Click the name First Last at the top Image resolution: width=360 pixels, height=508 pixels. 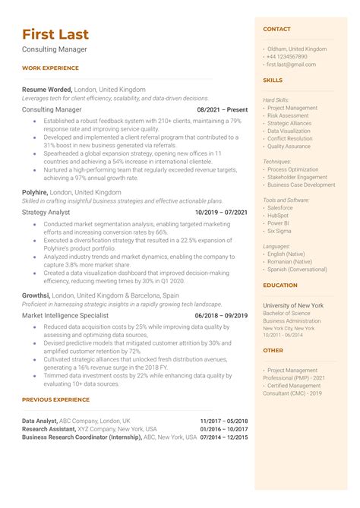coord(55,34)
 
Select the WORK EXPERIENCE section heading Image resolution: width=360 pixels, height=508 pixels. coord(50,68)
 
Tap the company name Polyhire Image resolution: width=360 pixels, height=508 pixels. coord(36,193)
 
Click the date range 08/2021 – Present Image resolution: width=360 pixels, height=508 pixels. coord(222,109)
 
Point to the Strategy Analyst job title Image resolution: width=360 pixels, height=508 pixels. coord(46,212)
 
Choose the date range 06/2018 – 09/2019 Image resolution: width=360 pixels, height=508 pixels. coord(222,314)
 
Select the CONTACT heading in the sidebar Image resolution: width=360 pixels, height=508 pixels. coord(276,29)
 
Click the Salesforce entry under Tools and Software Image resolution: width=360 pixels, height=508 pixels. coord(280,207)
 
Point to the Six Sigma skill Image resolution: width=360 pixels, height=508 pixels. coord(280,230)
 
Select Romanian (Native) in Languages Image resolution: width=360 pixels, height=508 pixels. coord(290,261)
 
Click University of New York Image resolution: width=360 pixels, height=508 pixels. coord(293,305)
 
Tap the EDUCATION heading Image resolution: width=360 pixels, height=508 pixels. coord(280,286)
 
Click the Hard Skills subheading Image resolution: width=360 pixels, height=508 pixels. coord(276,99)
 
